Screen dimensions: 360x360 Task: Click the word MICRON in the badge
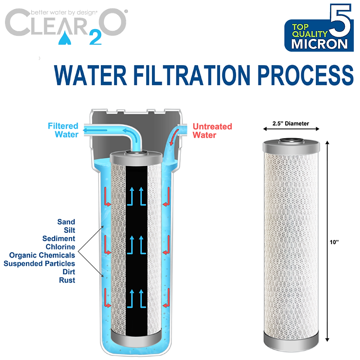coord(319,44)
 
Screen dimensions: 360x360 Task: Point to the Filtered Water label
coord(63,130)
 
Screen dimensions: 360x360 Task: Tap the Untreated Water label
coord(212,131)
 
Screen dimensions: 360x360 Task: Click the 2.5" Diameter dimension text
coord(291,123)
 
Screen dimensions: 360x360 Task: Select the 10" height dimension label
coord(334,242)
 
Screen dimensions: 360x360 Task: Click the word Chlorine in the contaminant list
coord(60,247)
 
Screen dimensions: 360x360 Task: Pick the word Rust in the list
coord(67,280)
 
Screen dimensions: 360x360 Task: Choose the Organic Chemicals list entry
coord(42,255)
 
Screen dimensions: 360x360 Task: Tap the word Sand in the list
coord(66,222)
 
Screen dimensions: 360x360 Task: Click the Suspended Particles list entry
coord(39,263)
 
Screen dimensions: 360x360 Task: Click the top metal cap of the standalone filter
coord(291,145)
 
